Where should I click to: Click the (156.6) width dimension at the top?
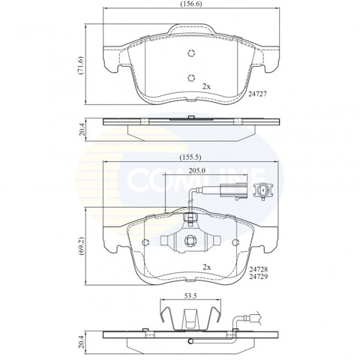click(190, 4)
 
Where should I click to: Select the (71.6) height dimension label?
click(80, 65)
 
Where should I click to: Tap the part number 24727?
click(257, 94)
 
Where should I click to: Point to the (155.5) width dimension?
click(190, 157)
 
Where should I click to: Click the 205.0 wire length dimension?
click(197, 171)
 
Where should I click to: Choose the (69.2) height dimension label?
click(80, 246)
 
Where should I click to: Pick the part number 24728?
click(258, 269)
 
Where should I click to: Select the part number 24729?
click(258, 276)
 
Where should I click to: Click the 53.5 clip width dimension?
click(190, 296)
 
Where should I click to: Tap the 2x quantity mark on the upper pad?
click(206, 86)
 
